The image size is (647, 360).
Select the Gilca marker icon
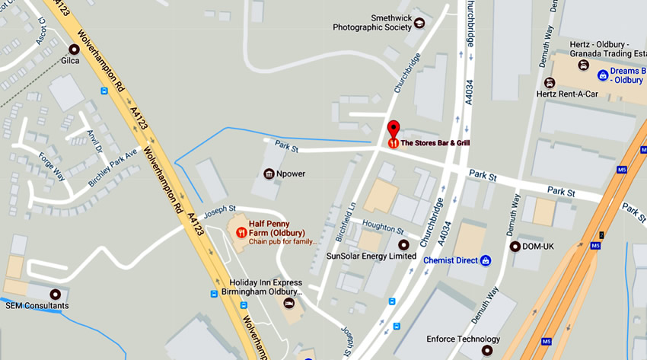pos(74,49)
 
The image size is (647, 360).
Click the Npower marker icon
pos(269,174)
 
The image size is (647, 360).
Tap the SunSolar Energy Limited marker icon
pos(403,245)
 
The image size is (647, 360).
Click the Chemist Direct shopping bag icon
pos(486,260)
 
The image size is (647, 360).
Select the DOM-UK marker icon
pos(515,246)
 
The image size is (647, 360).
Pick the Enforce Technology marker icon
pos(487,351)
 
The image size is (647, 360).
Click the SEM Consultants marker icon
pos(55,295)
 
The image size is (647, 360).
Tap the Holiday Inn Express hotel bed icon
pos(288,303)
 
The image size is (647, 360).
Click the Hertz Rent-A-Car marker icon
pos(550,82)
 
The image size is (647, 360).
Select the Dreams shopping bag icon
pos(603,75)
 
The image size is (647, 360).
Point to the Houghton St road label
pos(384,228)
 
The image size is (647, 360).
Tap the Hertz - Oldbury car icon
pos(584,65)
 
